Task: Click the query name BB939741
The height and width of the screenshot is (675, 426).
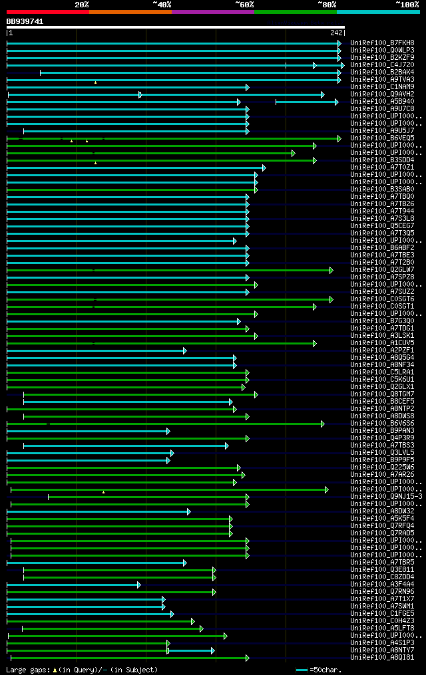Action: (25, 21)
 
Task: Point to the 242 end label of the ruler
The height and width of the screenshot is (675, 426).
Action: (336, 32)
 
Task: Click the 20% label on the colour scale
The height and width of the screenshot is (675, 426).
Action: (81, 5)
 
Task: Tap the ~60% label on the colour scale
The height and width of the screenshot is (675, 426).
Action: (244, 5)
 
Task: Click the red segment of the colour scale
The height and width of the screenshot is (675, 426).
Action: (47, 12)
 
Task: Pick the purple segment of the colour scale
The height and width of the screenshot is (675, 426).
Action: (212, 12)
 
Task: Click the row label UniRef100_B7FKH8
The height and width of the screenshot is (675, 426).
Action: (382, 43)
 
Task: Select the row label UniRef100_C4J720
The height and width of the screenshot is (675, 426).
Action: (382, 65)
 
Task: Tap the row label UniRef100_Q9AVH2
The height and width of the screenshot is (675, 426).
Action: (382, 94)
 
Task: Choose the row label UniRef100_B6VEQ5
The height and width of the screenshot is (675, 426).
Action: (382, 138)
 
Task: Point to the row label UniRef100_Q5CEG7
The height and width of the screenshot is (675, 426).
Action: (382, 225)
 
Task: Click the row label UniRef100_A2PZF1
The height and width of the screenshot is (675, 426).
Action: (382, 350)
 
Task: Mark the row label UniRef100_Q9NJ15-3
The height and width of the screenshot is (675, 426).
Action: (386, 496)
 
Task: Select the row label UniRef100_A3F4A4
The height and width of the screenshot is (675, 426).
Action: (382, 584)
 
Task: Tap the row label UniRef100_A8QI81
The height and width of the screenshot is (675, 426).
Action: (382, 657)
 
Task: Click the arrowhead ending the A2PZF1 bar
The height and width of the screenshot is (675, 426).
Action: (185, 350)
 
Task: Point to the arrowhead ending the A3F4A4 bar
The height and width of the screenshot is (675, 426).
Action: (139, 585)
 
